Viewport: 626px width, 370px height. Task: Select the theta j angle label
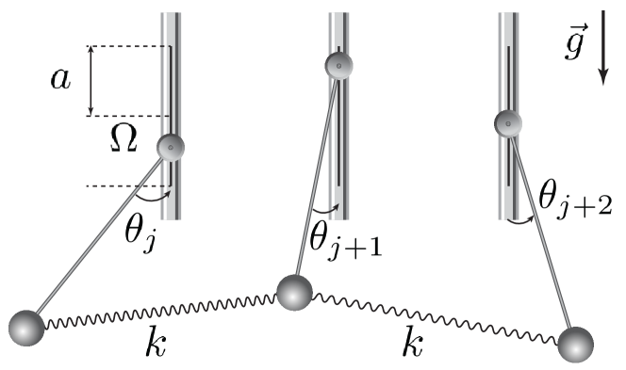(140, 232)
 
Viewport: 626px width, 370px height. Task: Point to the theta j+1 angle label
(345, 238)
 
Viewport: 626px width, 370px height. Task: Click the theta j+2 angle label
(574, 197)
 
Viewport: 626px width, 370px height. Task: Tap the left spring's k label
(156, 342)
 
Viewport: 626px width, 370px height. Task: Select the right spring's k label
(412, 342)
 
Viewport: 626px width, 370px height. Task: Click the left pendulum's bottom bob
(26, 328)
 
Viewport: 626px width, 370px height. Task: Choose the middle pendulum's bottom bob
(294, 293)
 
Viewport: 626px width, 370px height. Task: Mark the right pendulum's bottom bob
(575, 344)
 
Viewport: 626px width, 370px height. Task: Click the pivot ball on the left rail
(171, 148)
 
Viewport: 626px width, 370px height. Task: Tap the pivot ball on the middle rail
(338, 66)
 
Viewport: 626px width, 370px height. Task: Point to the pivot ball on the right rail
(508, 122)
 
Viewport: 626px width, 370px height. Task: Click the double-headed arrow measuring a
(91, 81)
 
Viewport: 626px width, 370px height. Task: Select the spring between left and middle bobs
(160, 311)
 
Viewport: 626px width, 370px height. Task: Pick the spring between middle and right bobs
(434, 316)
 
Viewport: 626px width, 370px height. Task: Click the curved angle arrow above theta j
(153, 198)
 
